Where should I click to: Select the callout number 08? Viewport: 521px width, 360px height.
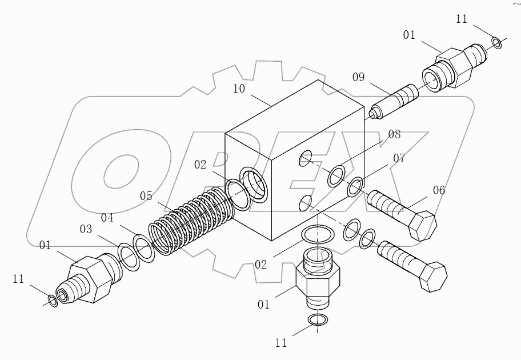[x=395, y=135]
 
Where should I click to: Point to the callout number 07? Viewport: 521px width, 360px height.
[x=398, y=158]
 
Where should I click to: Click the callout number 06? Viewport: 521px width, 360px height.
[x=438, y=191]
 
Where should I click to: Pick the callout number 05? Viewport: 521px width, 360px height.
[x=146, y=197]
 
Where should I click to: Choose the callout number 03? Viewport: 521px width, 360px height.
[x=86, y=230]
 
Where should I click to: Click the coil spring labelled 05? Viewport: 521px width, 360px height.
[x=191, y=219]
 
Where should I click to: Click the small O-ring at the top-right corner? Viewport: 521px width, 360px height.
[x=496, y=42]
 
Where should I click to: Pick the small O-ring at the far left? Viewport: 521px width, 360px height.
[x=52, y=300]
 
